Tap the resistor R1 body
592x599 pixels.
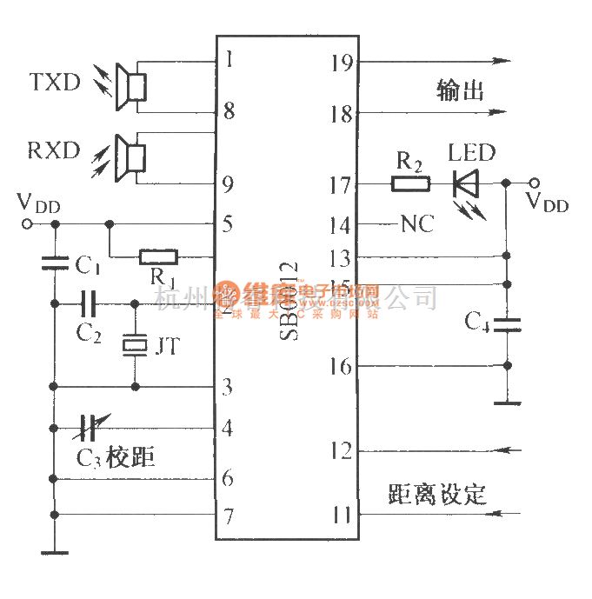point(158,256)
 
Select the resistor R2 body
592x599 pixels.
point(409,183)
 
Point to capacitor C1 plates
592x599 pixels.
point(55,260)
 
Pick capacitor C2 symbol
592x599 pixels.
point(87,303)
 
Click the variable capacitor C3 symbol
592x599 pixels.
point(86,427)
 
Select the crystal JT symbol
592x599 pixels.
point(135,345)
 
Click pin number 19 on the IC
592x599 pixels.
point(342,62)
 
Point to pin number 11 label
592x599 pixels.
point(342,515)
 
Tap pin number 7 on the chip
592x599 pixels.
point(228,516)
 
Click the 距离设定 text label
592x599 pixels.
point(437,494)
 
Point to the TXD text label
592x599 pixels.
point(55,83)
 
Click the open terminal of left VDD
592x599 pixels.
point(28,224)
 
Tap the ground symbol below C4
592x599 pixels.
point(506,403)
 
